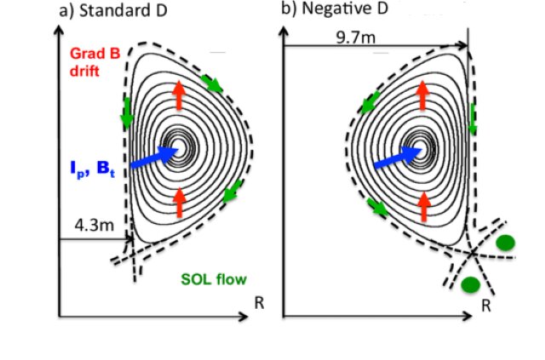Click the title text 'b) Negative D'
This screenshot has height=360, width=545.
click(333, 11)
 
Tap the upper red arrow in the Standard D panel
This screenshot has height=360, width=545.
click(179, 93)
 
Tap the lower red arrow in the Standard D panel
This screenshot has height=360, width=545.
click(179, 203)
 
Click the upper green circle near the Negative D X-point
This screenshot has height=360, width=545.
click(506, 243)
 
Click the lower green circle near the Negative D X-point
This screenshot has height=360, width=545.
click(470, 284)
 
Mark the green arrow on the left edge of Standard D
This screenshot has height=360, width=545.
click(127, 113)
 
